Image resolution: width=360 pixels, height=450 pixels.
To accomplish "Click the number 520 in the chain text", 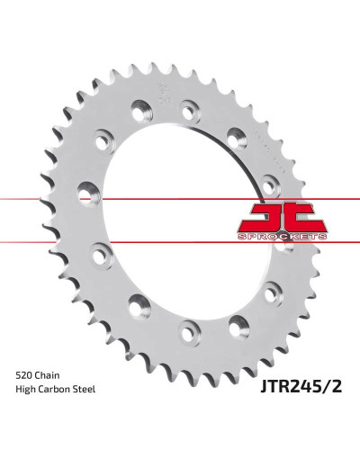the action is tap(24, 375).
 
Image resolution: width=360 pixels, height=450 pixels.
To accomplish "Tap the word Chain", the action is tap(48, 375).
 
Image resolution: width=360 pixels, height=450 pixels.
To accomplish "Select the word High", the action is tap(25, 390).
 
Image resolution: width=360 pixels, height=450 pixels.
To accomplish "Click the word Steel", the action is tap(85, 390).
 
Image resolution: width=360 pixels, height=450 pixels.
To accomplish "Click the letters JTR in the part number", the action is tap(274, 386).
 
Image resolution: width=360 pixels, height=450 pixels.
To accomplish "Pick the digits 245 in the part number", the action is tap(304, 386).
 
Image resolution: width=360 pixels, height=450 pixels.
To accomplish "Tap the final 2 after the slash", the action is tap(336, 386).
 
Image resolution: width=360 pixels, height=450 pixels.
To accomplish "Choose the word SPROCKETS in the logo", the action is tap(282, 237).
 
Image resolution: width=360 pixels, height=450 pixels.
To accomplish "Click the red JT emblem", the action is tap(282, 218).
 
